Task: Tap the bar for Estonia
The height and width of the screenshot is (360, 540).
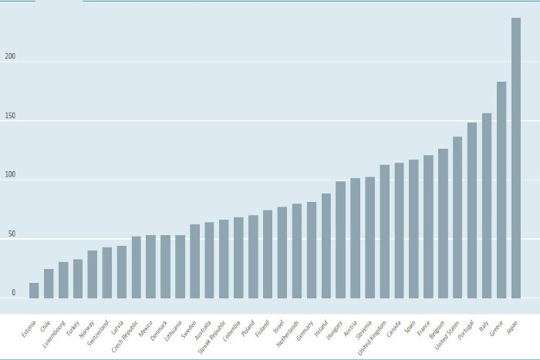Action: click(34, 290)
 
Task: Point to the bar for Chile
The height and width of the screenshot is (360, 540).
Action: click(49, 283)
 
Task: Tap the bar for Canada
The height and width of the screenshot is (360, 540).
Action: click(399, 230)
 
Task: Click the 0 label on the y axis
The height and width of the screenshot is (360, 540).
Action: click(13, 293)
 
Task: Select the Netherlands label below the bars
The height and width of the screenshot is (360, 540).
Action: click(287, 336)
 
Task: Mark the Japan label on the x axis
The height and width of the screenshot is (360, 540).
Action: click(512, 328)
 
